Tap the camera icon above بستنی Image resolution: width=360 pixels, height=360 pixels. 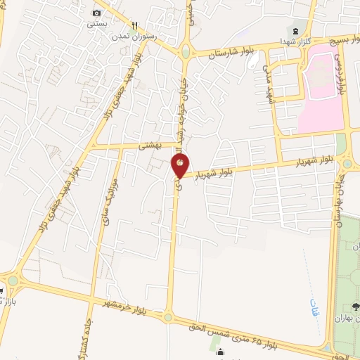tap(96, 13)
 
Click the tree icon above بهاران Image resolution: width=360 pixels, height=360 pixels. tap(356, 307)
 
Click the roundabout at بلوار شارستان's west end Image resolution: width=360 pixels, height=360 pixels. tap(185, 52)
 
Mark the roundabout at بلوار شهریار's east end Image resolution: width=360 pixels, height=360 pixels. tap(347, 164)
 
